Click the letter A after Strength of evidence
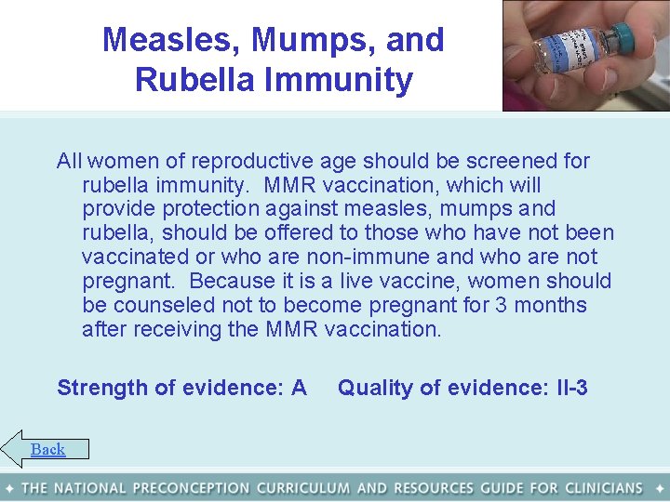(x=299, y=388)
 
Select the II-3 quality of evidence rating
(x=569, y=388)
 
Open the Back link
(x=47, y=450)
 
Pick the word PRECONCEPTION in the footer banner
(x=192, y=488)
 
